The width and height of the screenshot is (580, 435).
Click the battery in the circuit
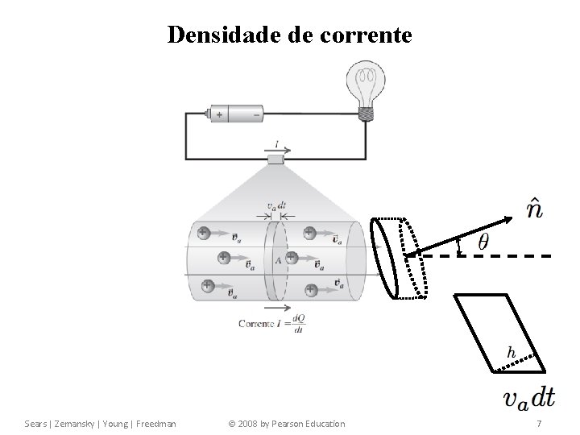236,115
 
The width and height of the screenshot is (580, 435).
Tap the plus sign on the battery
219,115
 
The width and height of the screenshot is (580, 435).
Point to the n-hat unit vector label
533,209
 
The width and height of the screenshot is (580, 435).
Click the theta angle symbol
483,242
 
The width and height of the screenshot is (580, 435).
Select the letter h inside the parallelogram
511,352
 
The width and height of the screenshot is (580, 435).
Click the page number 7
539,423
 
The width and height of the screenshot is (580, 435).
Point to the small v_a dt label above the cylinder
276,205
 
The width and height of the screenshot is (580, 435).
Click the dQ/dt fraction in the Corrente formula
300,322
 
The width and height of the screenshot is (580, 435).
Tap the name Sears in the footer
37,423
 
